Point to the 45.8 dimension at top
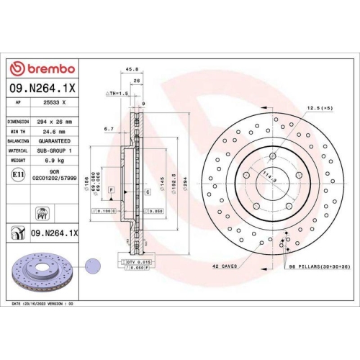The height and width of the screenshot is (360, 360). point(132,70)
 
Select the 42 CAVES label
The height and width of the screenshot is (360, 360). point(225,266)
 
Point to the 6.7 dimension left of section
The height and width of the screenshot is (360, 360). point(109,129)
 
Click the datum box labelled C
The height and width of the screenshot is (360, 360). point(147,192)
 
